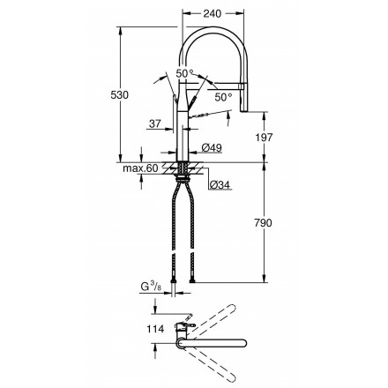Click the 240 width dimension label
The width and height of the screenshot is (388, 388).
213,13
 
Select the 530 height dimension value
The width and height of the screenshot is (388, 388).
120,95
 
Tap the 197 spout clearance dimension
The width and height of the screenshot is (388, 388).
264,137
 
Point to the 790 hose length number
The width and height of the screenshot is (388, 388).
263,223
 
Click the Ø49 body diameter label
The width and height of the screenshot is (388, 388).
212,148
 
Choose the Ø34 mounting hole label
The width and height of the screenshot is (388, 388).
220,184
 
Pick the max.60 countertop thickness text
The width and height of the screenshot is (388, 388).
140,168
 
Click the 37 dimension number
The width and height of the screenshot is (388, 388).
155,123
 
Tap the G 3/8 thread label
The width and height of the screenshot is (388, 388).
151,287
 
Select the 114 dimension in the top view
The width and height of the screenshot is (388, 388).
155,329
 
